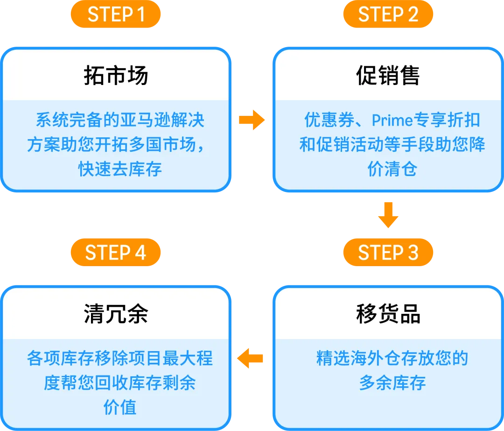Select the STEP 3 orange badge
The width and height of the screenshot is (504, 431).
(388, 253)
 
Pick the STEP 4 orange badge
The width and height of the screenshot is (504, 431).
(116, 253)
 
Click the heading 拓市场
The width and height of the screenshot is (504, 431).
(116, 75)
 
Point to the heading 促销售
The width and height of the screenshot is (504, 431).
(388, 75)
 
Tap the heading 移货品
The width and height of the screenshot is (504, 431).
(388, 314)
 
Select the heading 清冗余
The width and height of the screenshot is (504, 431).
(116, 314)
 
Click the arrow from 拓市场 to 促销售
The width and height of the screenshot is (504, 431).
(252, 121)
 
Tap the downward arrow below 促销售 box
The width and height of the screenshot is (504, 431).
(388, 215)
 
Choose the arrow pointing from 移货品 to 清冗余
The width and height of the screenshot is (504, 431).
(251, 359)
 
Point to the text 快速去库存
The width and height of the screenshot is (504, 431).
(120, 169)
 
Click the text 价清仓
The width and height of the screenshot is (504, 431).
(392, 169)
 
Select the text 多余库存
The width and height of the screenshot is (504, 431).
(392, 383)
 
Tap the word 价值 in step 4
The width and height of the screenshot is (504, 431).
(120, 408)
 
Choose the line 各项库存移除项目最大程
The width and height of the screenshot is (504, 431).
(120, 359)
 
